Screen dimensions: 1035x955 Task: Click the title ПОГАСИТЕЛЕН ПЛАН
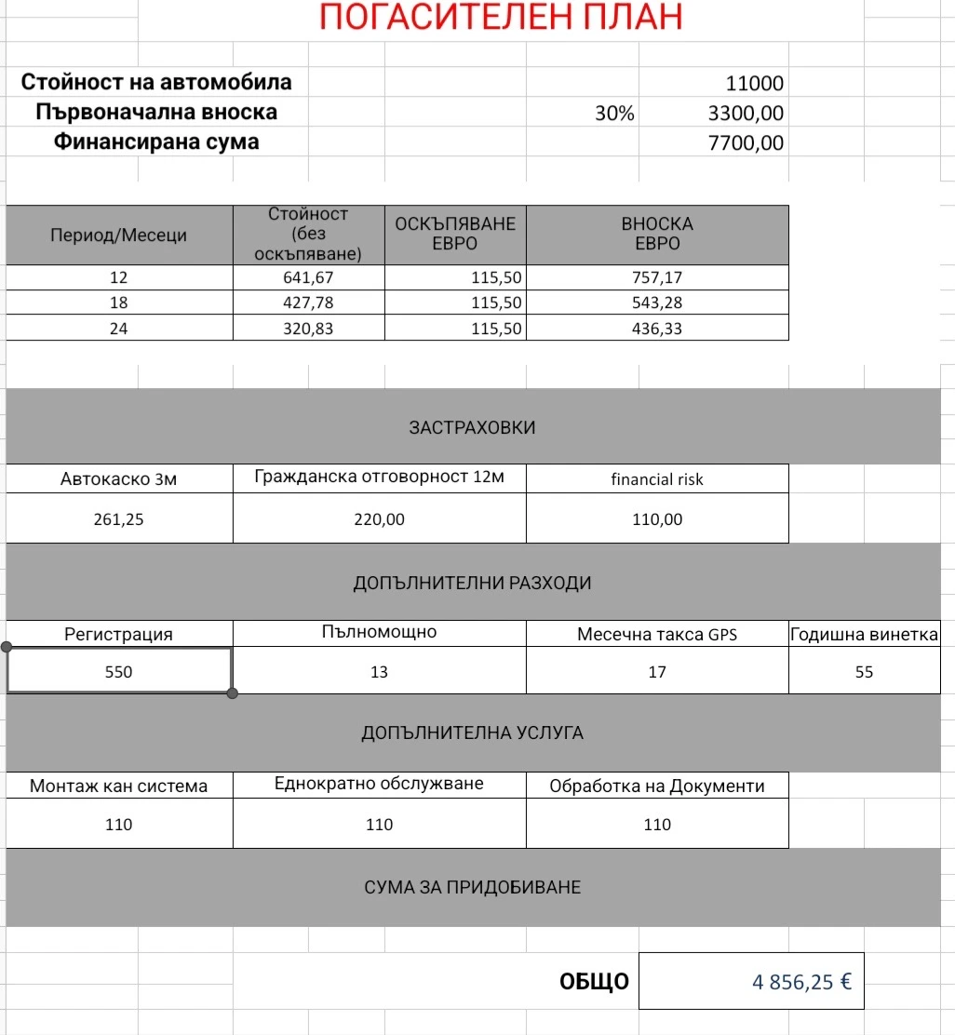(501, 18)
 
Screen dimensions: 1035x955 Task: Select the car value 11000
(754, 84)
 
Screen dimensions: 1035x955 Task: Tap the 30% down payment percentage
(614, 114)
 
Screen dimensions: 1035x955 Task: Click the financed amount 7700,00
(746, 143)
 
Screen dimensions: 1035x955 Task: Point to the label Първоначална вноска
(156, 113)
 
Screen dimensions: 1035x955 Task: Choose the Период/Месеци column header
(118, 235)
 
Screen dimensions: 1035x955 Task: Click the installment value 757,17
(657, 278)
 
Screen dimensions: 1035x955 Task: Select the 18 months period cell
(118, 303)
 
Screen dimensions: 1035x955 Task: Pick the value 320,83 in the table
(308, 329)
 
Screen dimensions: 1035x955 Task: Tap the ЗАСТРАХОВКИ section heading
(472, 428)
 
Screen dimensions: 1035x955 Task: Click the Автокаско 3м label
(118, 479)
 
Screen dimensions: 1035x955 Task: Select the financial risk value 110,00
(657, 519)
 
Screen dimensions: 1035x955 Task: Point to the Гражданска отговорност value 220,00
(379, 519)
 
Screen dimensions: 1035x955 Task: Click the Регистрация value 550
(118, 672)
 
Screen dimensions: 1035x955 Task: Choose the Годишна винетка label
(864, 635)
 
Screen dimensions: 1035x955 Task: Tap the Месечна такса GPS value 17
(657, 672)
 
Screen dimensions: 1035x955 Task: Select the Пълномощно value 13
(379, 672)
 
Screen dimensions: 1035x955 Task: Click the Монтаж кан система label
(118, 786)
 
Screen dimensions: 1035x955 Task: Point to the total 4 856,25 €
(801, 982)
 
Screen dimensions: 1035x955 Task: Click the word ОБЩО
(594, 982)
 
